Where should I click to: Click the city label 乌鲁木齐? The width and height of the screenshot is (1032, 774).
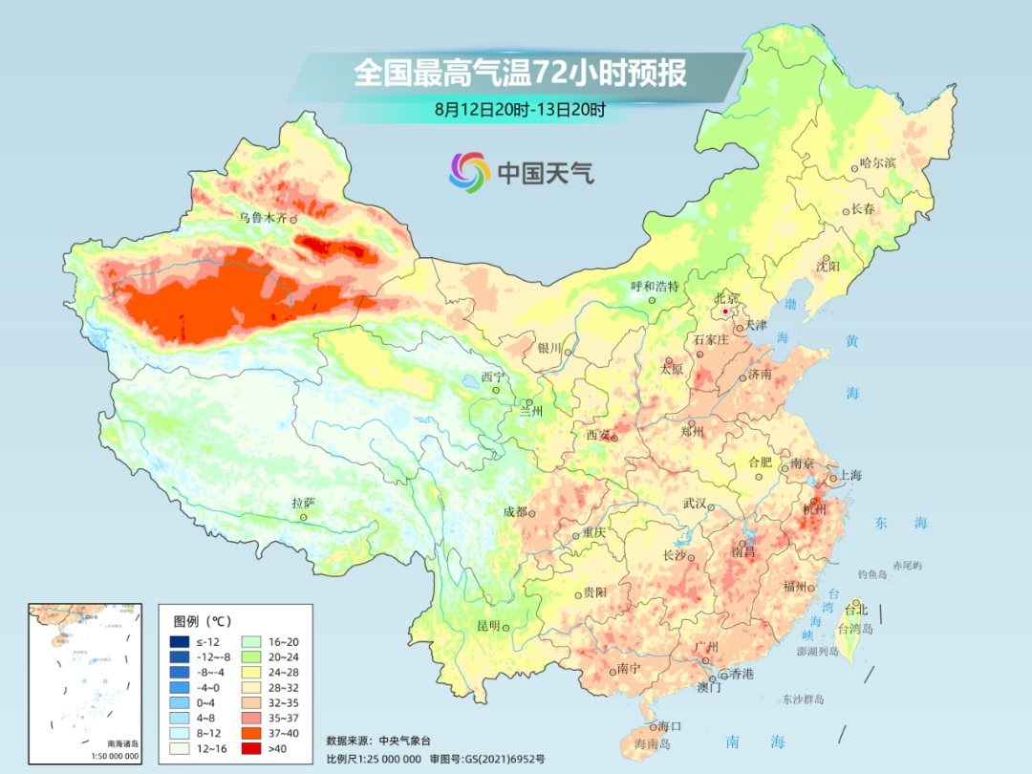pos(262,218)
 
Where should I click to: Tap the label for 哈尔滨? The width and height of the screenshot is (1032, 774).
pos(877,163)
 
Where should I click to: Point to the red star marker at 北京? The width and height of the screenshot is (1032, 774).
pos(726,312)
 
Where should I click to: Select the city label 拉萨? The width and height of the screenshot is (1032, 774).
pos(303,503)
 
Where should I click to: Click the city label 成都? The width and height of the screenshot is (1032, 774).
pos(515,511)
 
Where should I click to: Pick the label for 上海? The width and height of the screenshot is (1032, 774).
pos(849,476)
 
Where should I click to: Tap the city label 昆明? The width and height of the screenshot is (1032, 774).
pos(488,626)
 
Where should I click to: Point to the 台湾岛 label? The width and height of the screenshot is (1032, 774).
pos(855,630)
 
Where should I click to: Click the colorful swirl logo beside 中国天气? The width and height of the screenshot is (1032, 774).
pos(469,172)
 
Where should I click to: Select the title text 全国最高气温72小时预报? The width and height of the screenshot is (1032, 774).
pos(520,73)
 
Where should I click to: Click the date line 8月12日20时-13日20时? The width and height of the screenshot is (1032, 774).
pos(520,110)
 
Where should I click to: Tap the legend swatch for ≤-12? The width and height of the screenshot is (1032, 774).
pos(179,641)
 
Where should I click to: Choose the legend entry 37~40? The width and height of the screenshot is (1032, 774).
pos(272,732)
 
